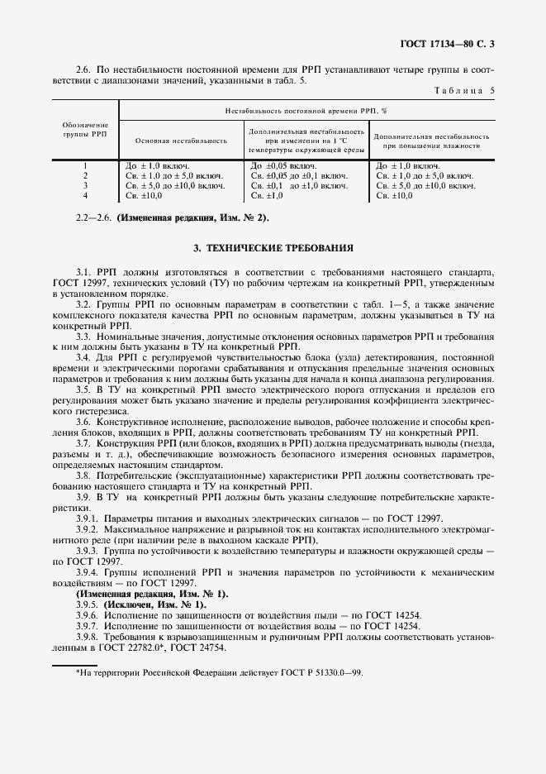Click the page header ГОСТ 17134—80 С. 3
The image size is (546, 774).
(458, 42)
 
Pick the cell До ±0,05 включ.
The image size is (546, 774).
(282, 165)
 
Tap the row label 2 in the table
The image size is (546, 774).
(86, 175)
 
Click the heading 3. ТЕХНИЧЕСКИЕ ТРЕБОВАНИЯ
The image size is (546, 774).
(273, 247)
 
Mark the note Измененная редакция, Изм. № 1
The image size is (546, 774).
(153, 595)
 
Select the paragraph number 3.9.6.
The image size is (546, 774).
(88, 616)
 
